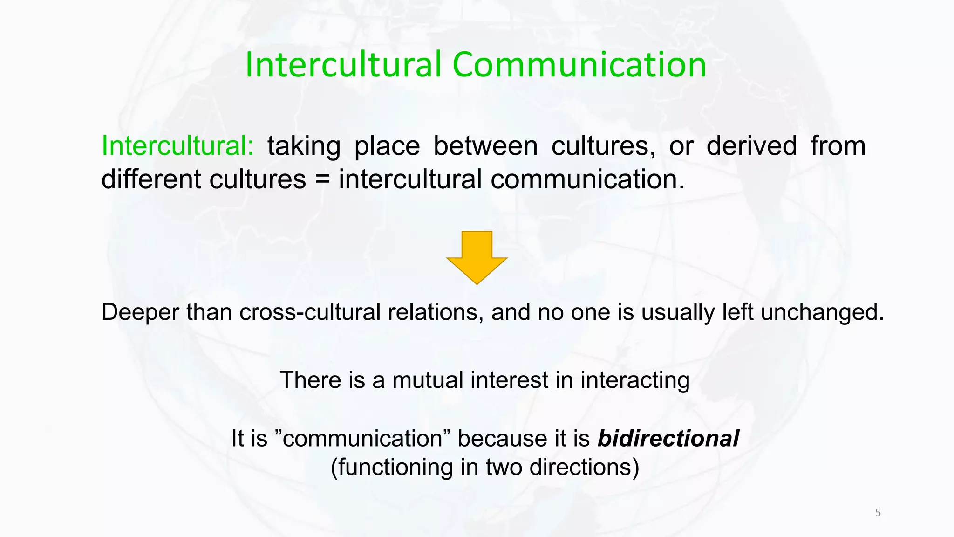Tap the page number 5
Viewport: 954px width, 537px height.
pyautogui.click(x=878, y=513)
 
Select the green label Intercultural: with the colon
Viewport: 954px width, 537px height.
pyautogui.click(x=177, y=145)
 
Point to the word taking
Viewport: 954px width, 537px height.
pyautogui.click(x=304, y=146)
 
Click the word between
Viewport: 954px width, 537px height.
pyautogui.click(x=486, y=145)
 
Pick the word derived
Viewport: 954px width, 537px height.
pyautogui.click(x=751, y=145)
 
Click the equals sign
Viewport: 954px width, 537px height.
pyautogui.click(x=322, y=180)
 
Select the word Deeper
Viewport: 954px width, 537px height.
pyautogui.click(x=140, y=312)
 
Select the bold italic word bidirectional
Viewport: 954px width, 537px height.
pyautogui.click(x=668, y=439)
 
